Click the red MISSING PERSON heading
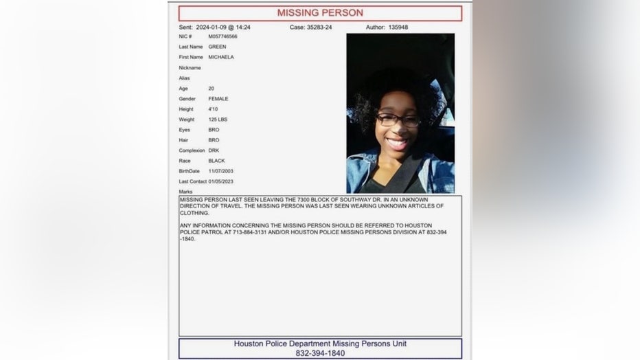pos(320,13)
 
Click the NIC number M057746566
pos(223,36)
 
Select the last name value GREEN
pos(217,47)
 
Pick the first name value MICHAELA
pos(221,57)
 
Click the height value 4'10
pos(214,109)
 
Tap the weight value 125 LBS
pos(218,120)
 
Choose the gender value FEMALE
pos(218,99)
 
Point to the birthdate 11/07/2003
pos(221,171)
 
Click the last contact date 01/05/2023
pos(221,181)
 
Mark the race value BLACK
pos(216,161)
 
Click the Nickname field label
pos(190,68)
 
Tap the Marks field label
pos(186,192)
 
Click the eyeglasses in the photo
pos(398,120)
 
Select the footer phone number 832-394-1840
pos(320,353)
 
